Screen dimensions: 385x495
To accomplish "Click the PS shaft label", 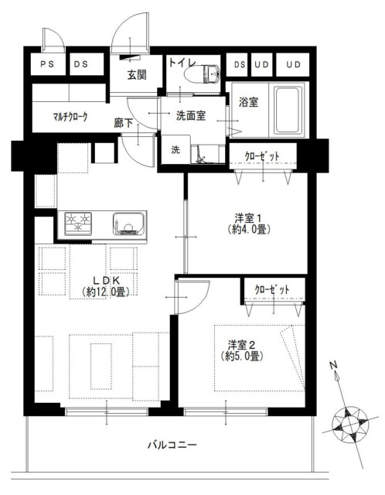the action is [47, 64].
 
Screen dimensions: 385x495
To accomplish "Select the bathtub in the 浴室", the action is [287, 110].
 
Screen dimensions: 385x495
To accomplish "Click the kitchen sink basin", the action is [128, 224].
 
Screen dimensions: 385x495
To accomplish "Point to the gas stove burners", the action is [77, 224].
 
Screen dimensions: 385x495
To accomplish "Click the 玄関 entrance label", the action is [137, 74].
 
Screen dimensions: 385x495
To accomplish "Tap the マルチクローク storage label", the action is [70, 117].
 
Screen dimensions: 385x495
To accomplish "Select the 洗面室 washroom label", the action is [191, 115].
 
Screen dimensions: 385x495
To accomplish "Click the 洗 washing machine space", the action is [175, 149].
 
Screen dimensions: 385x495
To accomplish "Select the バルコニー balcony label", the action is [172, 445].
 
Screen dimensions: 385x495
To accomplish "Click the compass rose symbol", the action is [350, 424].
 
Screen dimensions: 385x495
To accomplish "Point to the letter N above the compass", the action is [333, 365].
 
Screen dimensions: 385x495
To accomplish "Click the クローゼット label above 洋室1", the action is [262, 156].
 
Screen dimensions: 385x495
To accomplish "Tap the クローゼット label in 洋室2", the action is [271, 289].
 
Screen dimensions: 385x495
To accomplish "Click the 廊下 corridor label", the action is [124, 123].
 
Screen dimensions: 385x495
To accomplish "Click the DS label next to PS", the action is [81, 64].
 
